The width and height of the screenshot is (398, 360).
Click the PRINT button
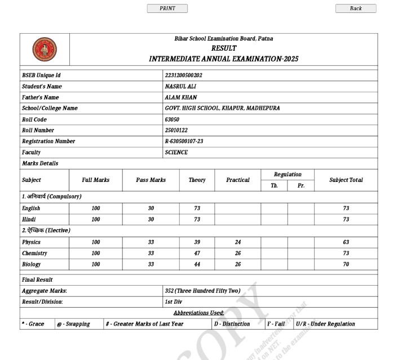(x=167, y=8)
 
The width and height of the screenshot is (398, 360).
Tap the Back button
(x=356, y=8)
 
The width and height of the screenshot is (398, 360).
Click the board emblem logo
(x=45, y=49)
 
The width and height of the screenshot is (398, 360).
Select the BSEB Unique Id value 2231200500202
(x=184, y=75)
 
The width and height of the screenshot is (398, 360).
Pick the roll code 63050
(x=172, y=119)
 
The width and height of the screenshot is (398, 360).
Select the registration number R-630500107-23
(x=184, y=141)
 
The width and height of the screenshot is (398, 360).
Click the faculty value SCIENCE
(x=176, y=152)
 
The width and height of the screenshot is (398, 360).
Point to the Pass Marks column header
(x=151, y=180)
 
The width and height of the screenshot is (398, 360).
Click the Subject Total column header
(x=346, y=180)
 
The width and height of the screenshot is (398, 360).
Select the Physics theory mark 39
(x=197, y=242)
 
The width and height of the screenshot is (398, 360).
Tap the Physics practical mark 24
(x=237, y=242)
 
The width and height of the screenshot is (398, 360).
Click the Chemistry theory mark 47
(x=197, y=254)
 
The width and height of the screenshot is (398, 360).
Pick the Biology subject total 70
(x=346, y=264)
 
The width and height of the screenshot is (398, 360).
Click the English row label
(x=31, y=208)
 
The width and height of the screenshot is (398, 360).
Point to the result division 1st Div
(x=174, y=301)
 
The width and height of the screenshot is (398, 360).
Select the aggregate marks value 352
(x=169, y=291)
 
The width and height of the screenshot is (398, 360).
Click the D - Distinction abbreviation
(x=232, y=324)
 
